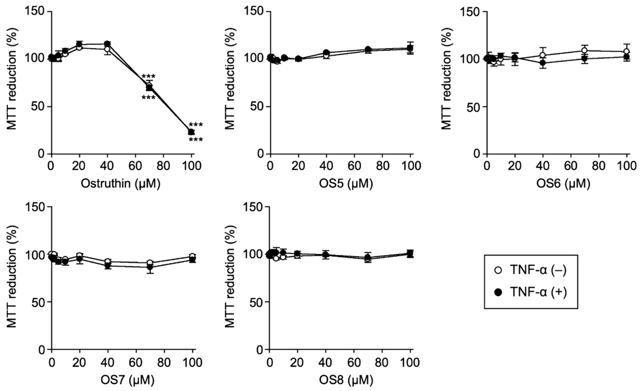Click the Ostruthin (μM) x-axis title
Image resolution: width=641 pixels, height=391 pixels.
120,184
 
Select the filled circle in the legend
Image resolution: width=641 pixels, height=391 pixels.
498,292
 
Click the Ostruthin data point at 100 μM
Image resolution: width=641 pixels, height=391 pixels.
191,132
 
